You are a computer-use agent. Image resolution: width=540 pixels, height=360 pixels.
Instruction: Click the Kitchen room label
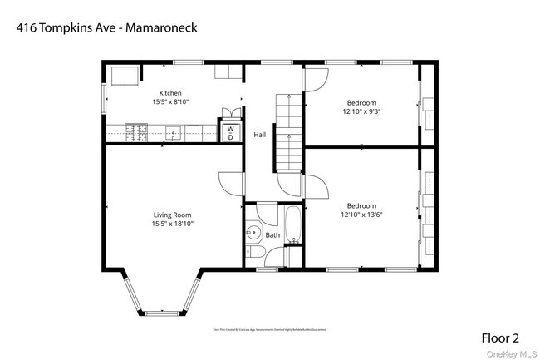(170, 93)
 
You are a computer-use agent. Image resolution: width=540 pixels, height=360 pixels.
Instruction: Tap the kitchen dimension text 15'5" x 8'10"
(170, 101)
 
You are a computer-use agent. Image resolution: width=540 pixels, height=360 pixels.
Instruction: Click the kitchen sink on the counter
(174, 131)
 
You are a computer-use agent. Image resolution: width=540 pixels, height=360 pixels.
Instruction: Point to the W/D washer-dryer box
(230, 132)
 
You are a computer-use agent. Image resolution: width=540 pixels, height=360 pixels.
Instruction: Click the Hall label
(260, 134)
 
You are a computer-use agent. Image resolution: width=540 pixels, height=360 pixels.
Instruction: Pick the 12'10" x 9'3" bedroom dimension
(361, 110)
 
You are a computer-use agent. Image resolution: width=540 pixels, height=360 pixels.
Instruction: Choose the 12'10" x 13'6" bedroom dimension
(361, 215)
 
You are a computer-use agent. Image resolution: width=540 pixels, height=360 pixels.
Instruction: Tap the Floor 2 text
(500, 338)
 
